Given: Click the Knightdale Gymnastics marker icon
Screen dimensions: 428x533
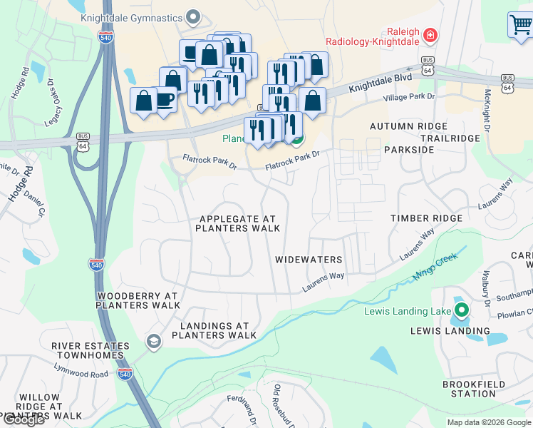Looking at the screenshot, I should point(192,16).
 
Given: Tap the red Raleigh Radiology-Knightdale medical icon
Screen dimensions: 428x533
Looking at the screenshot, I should point(430,34).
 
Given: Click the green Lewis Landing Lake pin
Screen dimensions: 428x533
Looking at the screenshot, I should point(462,311).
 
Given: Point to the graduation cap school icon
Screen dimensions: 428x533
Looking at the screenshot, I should point(152,342).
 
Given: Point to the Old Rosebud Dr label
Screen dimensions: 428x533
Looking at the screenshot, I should point(276,404).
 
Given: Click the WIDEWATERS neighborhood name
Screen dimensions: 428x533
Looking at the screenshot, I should point(309,260).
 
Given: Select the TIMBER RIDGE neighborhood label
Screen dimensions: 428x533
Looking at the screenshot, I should point(426,218).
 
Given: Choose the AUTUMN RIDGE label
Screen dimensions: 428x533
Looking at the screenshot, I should point(408,126).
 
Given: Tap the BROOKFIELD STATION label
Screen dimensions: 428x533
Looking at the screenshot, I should point(468,389).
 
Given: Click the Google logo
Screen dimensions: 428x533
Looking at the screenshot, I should point(24,419).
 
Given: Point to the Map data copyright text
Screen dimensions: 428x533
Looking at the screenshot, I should point(489,422).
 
